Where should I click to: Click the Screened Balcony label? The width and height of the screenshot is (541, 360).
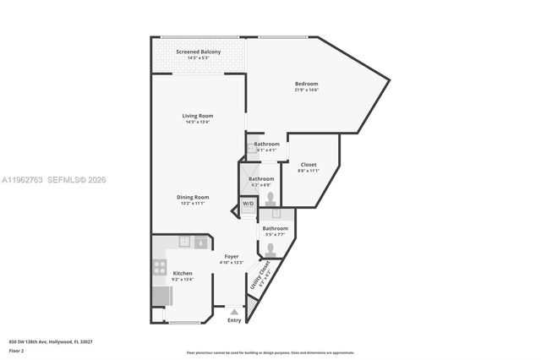click(199, 52)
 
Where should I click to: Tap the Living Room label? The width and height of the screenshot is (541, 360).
click(198, 116)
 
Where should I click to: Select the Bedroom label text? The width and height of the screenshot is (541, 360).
click(306, 84)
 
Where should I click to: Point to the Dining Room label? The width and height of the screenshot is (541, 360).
click(194, 197)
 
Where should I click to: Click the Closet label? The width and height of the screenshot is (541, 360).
click(309, 164)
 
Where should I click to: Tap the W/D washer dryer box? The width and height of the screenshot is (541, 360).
click(248, 205)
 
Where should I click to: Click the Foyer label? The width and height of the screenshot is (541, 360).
click(231, 256)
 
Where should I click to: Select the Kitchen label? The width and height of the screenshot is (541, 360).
click(183, 273)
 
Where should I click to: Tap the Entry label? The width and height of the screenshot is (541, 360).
click(234, 320)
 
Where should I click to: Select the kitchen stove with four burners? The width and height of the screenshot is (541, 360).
click(159, 269)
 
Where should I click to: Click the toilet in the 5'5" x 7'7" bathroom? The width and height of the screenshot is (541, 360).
click(270, 249)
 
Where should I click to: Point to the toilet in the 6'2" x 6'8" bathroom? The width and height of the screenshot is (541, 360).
click(270, 199)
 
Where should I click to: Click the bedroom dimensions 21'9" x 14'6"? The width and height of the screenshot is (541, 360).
click(306, 90)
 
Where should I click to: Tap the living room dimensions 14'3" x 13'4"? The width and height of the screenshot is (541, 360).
click(198, 122)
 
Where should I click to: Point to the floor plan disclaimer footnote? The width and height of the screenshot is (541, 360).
click(270, 352)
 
